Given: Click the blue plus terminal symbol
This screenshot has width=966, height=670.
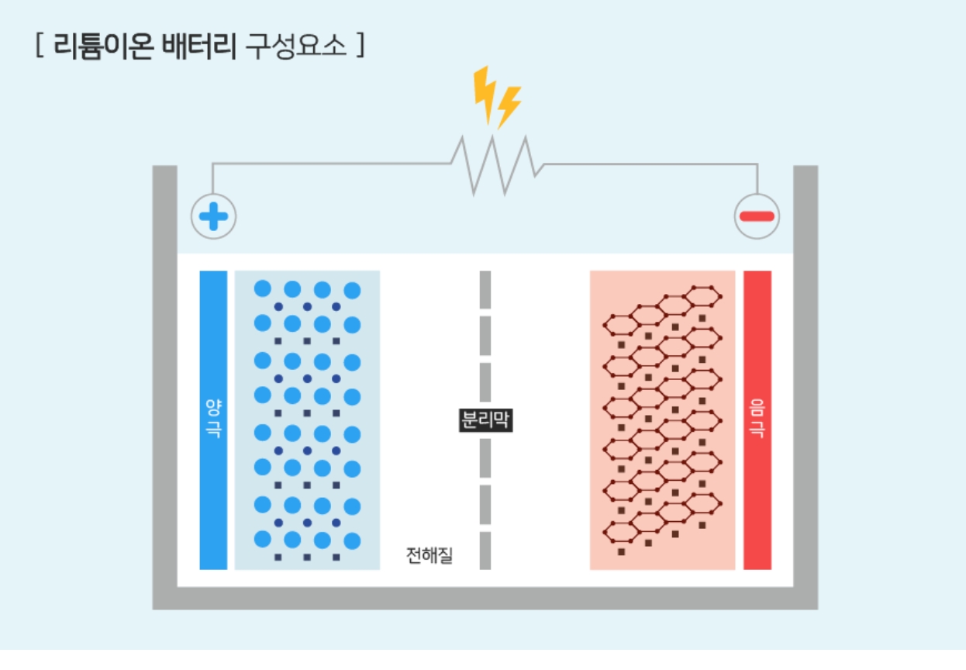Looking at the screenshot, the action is (213, 216).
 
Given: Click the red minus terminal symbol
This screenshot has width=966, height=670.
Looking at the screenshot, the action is (757, 216).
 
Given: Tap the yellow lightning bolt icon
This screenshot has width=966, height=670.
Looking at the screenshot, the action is (496, 96).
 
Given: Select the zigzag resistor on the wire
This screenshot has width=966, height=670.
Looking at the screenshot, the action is (497, 164).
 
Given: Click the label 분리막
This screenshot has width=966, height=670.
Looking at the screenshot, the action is (485, 420).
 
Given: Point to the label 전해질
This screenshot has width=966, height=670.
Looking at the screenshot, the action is (430, 554).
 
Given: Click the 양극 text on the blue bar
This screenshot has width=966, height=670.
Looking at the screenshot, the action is (213, 419).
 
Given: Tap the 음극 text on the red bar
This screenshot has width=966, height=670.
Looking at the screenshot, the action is (757, 419).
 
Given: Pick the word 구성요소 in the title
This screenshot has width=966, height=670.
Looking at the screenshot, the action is (295, 46).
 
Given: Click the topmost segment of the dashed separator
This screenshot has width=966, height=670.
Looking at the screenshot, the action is (485, 288).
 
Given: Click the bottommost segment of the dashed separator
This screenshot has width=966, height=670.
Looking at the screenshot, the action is (485, 550).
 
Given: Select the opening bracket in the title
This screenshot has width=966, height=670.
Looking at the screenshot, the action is (38, 46).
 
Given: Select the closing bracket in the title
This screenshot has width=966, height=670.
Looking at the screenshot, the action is (359, 46).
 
